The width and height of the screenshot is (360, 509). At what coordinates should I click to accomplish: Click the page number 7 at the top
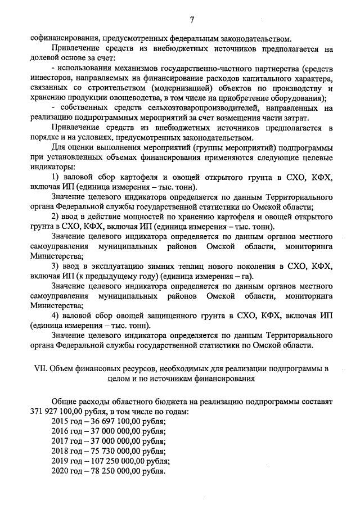[191, 20]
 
